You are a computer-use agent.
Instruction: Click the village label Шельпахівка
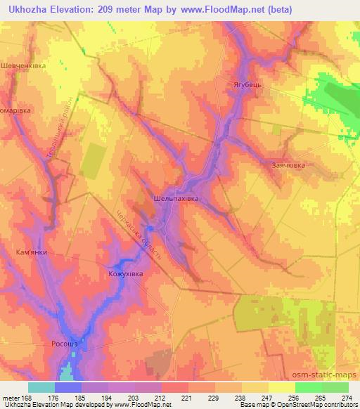[x=176, y=199]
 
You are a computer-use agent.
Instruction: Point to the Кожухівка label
[x=126, y=274]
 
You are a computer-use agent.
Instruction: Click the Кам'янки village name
[x=30, y=250]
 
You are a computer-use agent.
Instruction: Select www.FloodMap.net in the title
[x=218, y=9]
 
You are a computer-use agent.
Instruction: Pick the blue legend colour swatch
[x=68, y=387]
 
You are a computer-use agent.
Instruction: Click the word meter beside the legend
[x=11, y=397]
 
